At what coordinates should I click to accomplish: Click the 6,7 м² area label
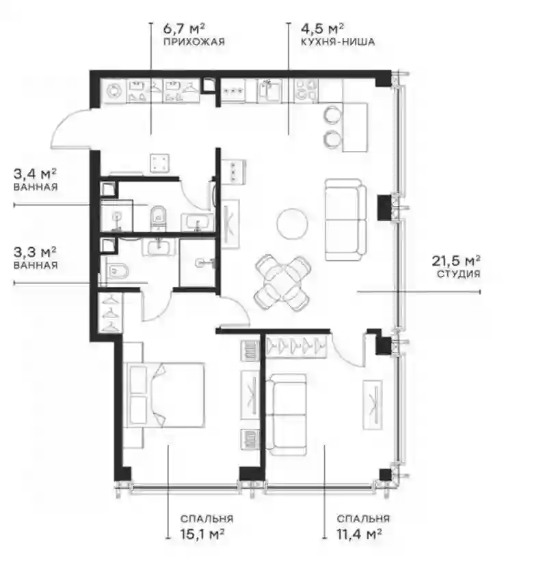pos(184,29)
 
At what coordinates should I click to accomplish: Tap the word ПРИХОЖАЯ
pos(194,42)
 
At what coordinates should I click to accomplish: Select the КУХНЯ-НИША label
pos(338,42)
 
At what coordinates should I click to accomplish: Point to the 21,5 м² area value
pos(455,261)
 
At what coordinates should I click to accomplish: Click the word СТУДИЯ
pos(458,274)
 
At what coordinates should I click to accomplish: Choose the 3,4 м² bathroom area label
pos(35,174)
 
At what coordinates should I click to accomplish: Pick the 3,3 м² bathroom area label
pos(35,252)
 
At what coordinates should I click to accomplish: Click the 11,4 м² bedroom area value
pos(360,534)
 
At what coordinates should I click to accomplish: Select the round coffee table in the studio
pos(292,224)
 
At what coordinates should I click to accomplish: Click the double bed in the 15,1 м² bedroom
pos(164,395)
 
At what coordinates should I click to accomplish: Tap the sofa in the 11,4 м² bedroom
pos(286,414)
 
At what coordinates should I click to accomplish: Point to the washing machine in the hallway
pos(115,91)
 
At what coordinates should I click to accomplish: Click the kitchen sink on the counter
pos(269,90)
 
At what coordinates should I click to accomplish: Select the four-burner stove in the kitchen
pos(306,90)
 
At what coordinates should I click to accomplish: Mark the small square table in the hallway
pos(159,163)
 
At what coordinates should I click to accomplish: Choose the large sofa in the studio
pos(346,220)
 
